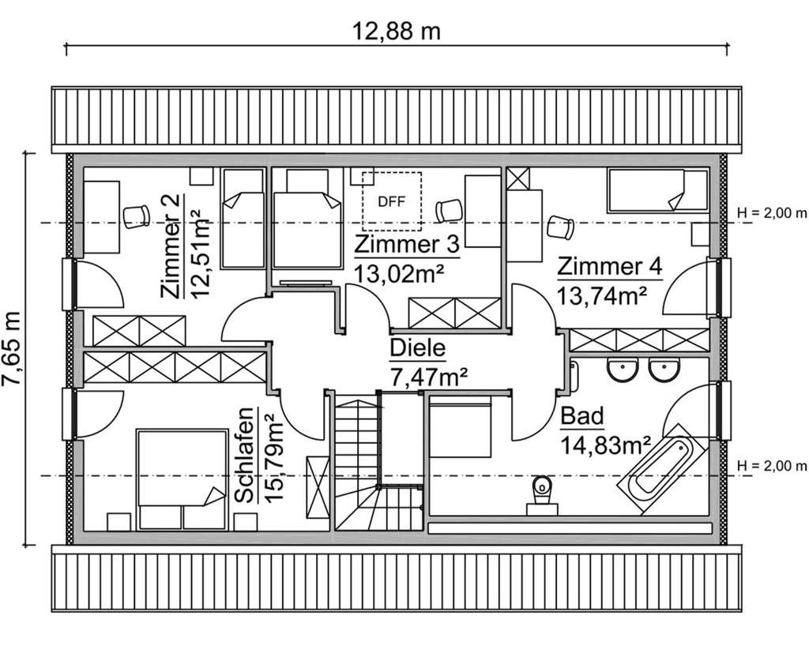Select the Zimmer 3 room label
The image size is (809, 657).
pyautogui.click(x=406, y=245)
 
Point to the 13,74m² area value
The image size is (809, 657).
pyautogui.click(x=603, y=295)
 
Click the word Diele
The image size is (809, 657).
pyautogui.click(x=418, y=348)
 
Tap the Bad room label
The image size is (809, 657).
pyautogui.click(x=582, y=416)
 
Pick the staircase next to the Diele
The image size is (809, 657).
pyautogui.click(x=359, y=466)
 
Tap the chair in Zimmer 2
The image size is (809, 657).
pyautogui.click(x=136, y=215)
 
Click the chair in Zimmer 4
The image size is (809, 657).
pyautogui.click(x=561, y=227)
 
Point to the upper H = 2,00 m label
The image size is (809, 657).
pyautogui.click(x=771, y=213)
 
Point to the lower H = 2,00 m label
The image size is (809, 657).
pyautogui.click(x=771, y=465)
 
